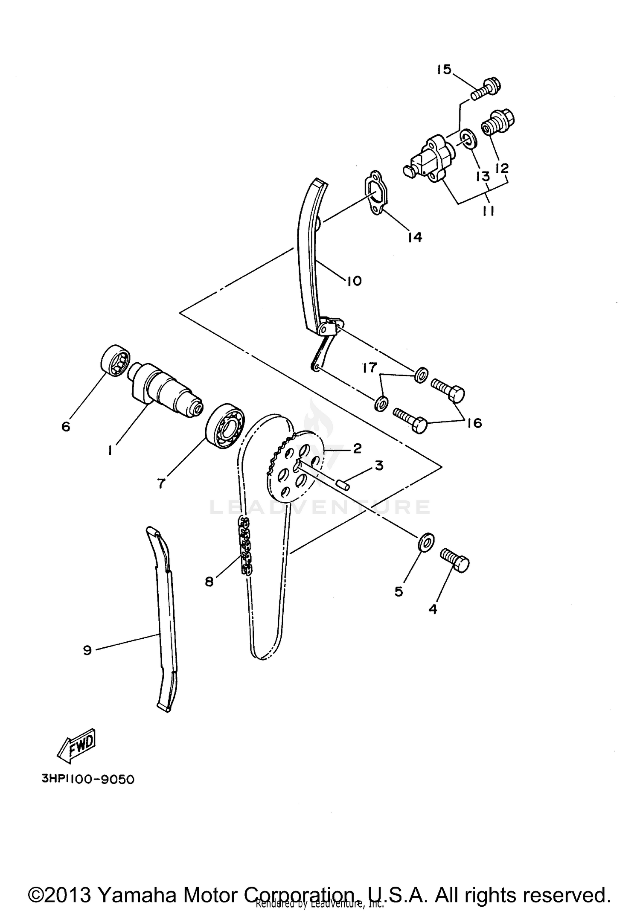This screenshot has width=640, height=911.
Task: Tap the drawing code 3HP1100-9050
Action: click(88, 779)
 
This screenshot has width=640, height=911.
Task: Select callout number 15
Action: click(444, 70)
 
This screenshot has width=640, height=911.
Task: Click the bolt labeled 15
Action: click(486, 88)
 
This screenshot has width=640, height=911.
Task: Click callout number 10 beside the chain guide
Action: click(354, 281)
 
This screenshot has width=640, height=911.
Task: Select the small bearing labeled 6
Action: click(115, 361)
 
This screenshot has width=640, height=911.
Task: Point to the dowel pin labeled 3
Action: click(343, 484)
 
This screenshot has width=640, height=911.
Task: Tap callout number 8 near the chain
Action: click(209, 581)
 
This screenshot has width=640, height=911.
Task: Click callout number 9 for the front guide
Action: click(87, 650)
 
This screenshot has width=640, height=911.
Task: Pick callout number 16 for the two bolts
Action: click(474, 423)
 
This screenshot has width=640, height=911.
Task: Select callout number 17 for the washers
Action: click(369, 367)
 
